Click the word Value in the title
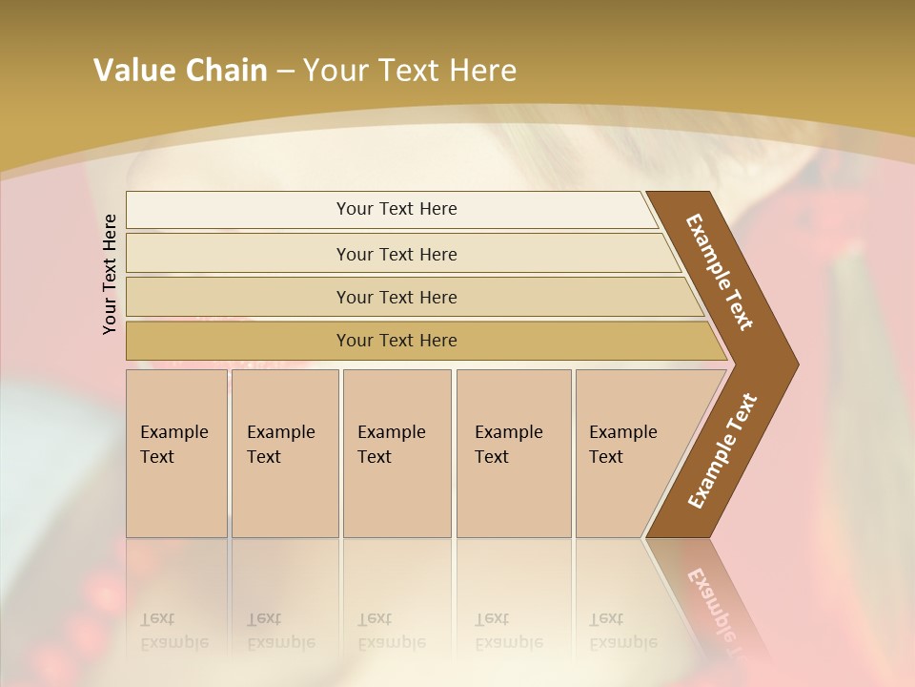[x=132, y=71]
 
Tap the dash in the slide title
[x=285, y=72]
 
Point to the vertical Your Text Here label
[x=110, y=274]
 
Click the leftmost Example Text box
[x=176, y=453]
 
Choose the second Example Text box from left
[x=284, y=453]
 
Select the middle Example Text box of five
[x=396, y=453]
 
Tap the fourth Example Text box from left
[x=513, y=453]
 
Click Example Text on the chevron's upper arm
[x=720, y=272]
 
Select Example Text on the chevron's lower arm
[x=722, y=451]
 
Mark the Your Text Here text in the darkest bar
[x=396, y=341]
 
